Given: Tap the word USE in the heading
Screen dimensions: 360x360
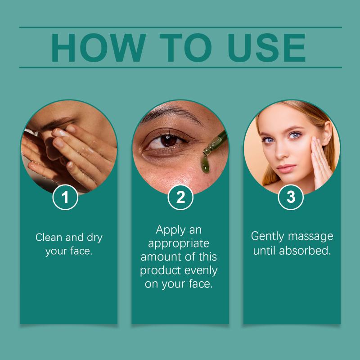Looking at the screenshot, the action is point(266,48).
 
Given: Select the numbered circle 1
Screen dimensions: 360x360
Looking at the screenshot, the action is point(65,197).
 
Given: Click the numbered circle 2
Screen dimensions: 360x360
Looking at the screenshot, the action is point(180,197).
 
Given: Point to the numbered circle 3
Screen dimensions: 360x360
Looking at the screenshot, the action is point(291,197).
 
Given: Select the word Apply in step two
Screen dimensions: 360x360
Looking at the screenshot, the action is point(170,230).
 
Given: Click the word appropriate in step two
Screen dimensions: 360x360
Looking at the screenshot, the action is point(179,244).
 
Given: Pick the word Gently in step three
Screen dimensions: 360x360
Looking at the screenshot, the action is point(267,237).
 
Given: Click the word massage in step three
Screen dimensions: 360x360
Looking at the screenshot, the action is point(310,237).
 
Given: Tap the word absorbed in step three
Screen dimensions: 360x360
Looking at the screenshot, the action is point(305,251).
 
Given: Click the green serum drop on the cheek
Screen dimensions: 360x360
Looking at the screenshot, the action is point(205,164).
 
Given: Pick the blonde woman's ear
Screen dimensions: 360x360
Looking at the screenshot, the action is point(327,133).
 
